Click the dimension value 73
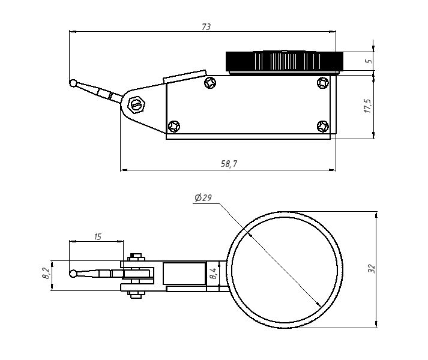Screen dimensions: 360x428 [x=206, y=27]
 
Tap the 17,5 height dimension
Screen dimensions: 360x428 [x=368, y=106]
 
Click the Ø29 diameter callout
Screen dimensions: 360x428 [x=203, y=198]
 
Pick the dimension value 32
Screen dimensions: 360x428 [x=371, y=269]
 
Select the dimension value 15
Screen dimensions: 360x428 [x=97, y=236]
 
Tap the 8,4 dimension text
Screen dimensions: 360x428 [x=213, y=274]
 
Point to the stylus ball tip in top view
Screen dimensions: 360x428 [x=73, y=275]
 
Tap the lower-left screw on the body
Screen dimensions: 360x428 [x=174, y=127]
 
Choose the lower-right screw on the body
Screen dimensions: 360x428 [x=323, y=126]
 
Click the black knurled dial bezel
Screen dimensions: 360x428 [x=284, y=61]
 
